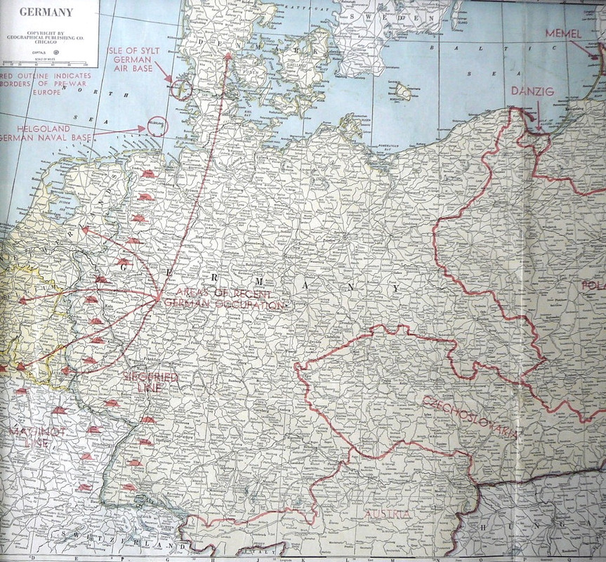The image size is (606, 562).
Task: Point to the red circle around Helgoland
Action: click(157, 126)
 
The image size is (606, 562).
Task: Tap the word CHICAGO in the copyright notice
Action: click(48, 42)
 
